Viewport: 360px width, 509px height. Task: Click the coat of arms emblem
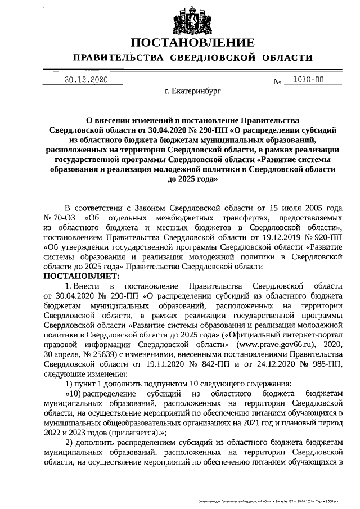pyautogui.click(x=192, y=20)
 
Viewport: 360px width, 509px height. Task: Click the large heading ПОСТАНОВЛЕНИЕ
pyautogui.click(x=192, y=43)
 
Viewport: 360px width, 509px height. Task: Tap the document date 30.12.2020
pyautogui.click(x=85, y=80)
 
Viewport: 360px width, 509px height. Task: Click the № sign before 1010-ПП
pyautogui.click(x=277, y=82)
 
